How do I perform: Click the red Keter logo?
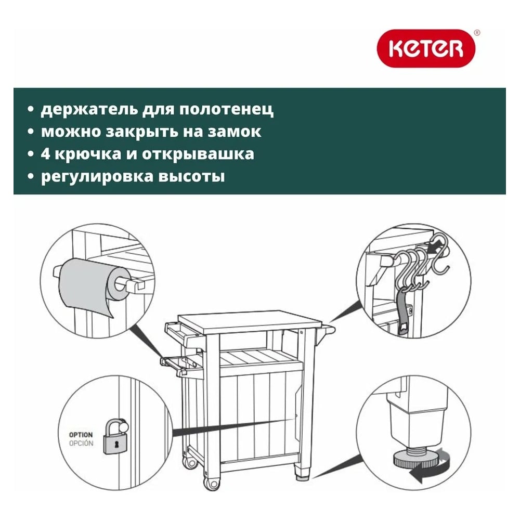426,48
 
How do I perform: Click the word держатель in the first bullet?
89,109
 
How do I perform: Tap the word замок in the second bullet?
235,132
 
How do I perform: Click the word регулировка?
97,177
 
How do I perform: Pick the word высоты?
192,176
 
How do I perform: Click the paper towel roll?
93,285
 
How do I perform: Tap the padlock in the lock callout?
114,436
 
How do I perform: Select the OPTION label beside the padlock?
81,434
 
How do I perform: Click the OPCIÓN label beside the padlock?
81,444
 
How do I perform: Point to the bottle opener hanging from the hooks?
404,311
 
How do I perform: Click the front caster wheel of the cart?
211,484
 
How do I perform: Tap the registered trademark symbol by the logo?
477,32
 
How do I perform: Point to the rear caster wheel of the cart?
189,462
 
